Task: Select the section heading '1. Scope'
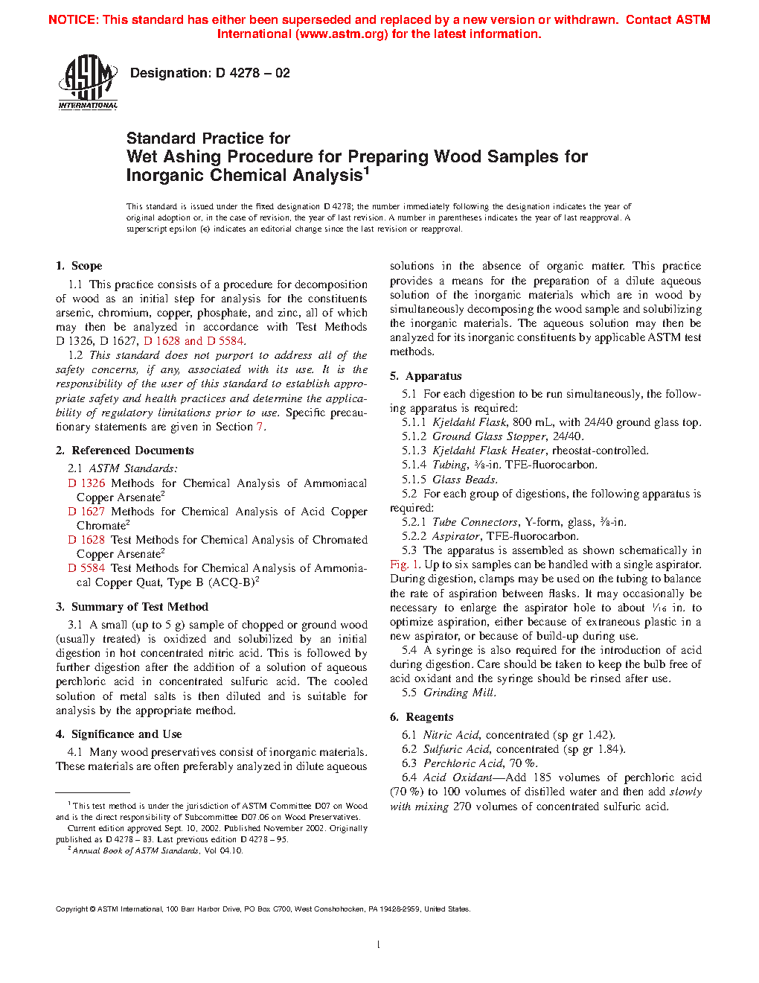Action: click(79, 266)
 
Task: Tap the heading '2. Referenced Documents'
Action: click(124, 451)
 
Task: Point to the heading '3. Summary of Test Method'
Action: click(132, 607)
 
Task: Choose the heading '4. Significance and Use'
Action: click(118, 734)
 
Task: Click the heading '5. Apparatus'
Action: click(426, 376)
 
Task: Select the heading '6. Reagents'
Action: click(421, 717)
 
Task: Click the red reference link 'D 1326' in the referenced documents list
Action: click(86, 483)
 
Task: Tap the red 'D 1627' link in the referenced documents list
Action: click(86, 512)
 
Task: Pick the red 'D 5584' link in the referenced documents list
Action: click(86, 568)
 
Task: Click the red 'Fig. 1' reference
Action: click(405, 564)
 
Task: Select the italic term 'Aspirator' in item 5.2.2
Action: click(456, 536)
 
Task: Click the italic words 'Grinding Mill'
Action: click(459, 693)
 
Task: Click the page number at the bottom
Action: click(379, 945)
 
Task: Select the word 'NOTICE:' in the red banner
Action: click(73, 20)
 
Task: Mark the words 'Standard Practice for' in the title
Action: click(208, 139)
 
